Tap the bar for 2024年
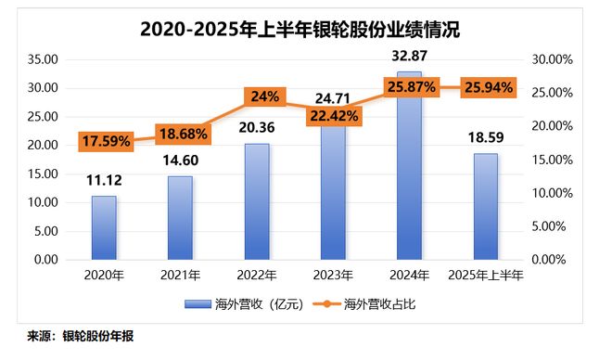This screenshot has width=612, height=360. tap(408, 167)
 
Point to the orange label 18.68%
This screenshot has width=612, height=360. tap(183, 135)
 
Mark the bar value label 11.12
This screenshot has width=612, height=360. tap(104, 182)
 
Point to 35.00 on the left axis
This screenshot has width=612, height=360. tap(42, 59)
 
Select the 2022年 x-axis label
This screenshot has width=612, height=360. tap(256, 276)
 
